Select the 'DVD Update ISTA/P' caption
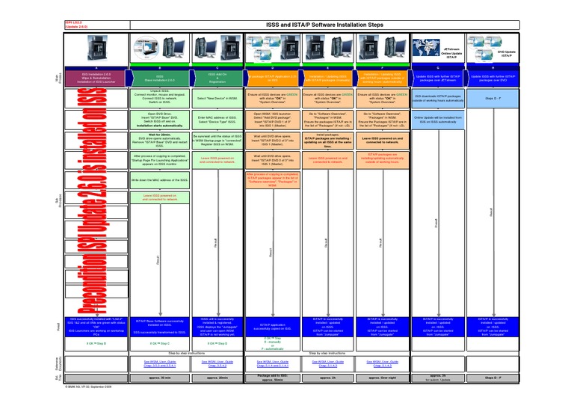coord(508,52)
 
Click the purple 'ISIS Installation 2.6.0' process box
coord(96,76)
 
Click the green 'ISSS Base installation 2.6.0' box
coord(160,76)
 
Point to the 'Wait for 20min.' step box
coord(160,140)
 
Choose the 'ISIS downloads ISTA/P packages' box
coord(439,98)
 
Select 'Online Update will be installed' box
coord(439,120)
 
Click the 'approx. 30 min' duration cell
coord(160,378)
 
